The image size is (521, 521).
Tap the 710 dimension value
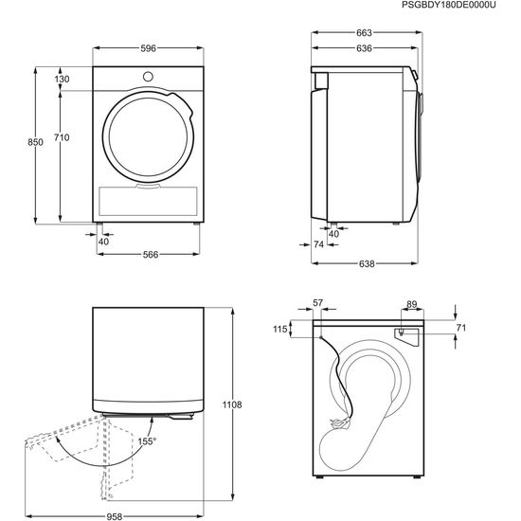tap(62, 138)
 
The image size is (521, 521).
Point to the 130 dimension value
tap(62, 79)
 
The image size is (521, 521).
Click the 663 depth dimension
tap(365, 33)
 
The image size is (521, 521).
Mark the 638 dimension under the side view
tap(366, 263)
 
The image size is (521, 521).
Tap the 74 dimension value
tap(318, 244)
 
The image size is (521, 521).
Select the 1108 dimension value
tap(233, 404)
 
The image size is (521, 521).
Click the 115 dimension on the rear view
tap(279, 329)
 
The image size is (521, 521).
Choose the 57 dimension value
tap(318, 303)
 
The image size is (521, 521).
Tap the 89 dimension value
tap(411, 303)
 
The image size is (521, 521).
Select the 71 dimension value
tap(461, 327)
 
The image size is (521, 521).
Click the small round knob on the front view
tap(149, 76)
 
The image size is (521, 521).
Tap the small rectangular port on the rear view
tap(402, 332)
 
